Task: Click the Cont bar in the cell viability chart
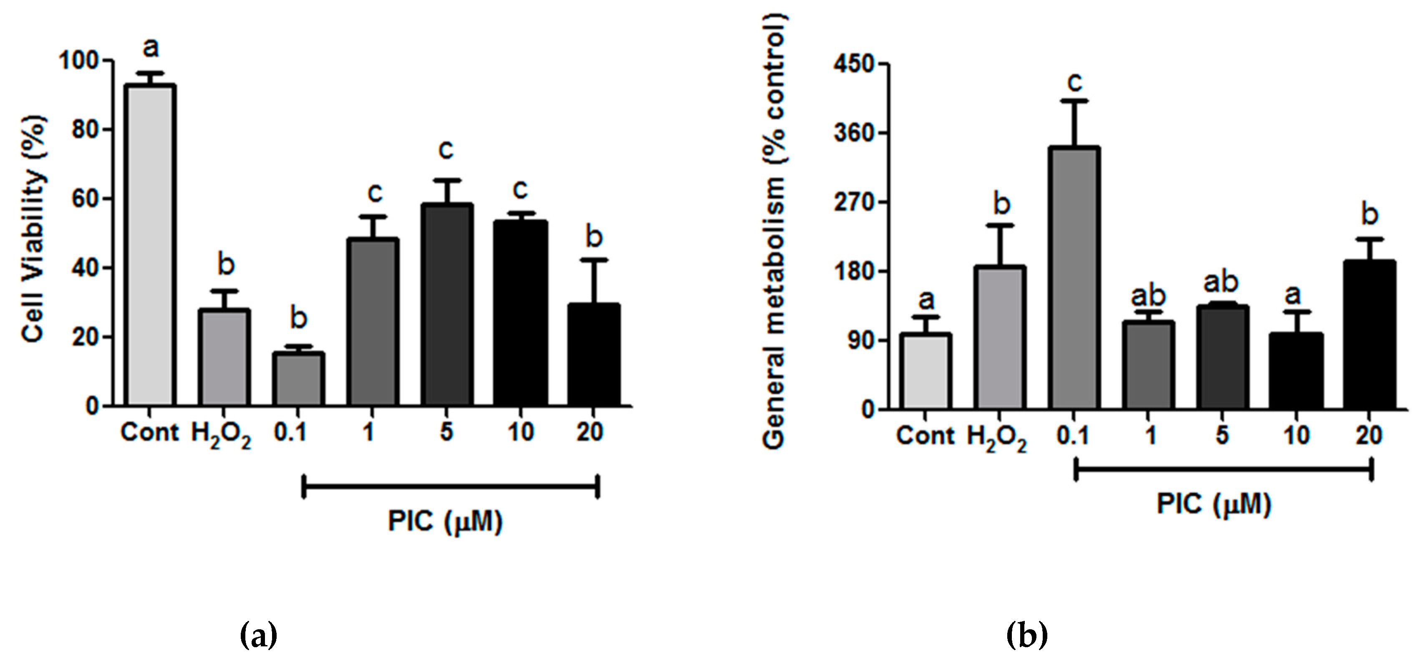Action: (x=150, y=245)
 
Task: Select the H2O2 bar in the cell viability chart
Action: (x=224, y=358)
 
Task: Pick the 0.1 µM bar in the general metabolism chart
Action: (x=1074, y=278)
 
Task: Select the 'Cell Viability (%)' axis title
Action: (x=34, y=228)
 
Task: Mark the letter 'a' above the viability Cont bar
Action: (x=150, y=48)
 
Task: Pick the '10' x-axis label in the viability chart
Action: (x=520, y=432)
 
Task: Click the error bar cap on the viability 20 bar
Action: (x=595, y=259)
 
